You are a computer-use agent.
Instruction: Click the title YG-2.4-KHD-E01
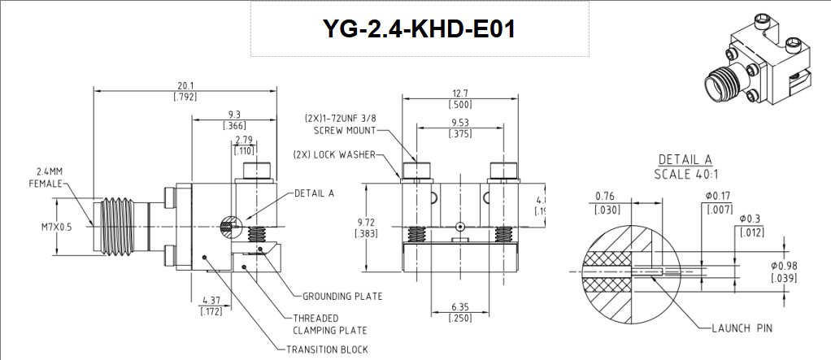[x=418, y=28]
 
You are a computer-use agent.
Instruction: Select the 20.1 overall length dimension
[x=185, y=85]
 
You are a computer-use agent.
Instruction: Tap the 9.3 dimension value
[x=233, y=115]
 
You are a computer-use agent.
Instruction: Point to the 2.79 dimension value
[x=244, y=141]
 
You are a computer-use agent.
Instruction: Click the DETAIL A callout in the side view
[x=314, y=193]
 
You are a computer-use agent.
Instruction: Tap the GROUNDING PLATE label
[x=342, y=296]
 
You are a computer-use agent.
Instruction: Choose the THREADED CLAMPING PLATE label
[x=329, y=324]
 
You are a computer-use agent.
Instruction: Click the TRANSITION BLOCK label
[x=326, y=349]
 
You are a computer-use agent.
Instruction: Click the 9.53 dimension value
[x=459, y=124]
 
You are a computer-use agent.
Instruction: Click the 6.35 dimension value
[x=459, y=308]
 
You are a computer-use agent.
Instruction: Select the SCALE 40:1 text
[x=685, y=174]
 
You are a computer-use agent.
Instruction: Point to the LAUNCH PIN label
[x=740, y=327]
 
